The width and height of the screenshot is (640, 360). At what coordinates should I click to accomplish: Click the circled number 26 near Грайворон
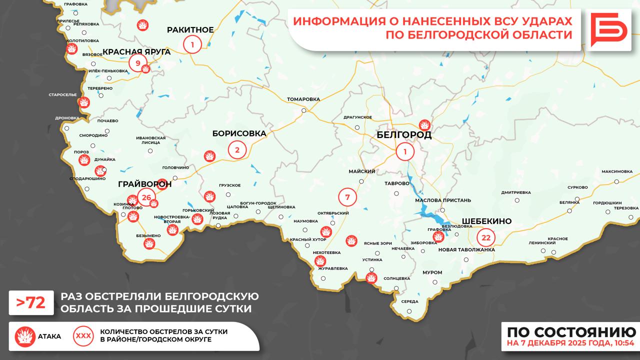(x=146, y=197)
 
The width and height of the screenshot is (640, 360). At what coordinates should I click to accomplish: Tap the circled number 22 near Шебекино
(x=485, y=237)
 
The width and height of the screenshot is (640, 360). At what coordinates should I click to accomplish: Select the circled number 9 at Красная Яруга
(x=137, y=63)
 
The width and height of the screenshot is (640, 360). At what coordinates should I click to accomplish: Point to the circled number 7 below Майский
(x=347, y=196)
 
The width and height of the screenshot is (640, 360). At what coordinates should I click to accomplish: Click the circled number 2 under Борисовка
(x=237, y=149)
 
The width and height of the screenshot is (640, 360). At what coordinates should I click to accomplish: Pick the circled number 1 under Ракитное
(x=192, y=44)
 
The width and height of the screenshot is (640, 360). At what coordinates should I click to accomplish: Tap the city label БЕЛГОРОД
(x=403, y=135)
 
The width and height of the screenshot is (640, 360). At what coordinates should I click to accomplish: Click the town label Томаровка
(x=303, y=99)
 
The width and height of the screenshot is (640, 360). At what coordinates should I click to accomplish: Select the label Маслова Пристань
(x=442, y=200)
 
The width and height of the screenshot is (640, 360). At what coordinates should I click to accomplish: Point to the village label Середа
(x=409, y=301)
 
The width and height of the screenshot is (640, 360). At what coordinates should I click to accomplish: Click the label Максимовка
(x=617, y=171)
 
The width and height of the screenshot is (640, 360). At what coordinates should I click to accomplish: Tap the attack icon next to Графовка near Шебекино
(x=438, y=237)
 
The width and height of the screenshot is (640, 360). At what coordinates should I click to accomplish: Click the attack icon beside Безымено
(x=148, y=243)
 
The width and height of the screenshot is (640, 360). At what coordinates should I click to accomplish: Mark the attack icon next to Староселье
(x=84, y=102)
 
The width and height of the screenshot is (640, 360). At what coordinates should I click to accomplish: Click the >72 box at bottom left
(x=31, y=303)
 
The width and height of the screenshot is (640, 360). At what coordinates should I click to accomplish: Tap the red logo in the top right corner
(x=608, y=29)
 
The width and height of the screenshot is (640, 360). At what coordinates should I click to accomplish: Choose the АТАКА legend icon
(x=24, y=336)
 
